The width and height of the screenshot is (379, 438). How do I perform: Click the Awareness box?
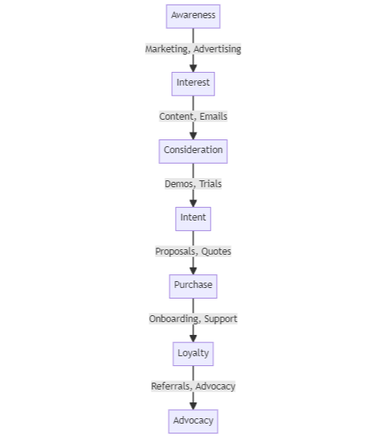[193, 15]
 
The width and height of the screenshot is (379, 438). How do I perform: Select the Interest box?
[193, 83]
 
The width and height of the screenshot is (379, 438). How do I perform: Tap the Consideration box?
[193, 150]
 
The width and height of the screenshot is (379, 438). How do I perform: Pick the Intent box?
[193, 218]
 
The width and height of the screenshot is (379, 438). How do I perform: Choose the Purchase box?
[193, 286]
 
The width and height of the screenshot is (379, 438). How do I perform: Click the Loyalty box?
[193, 353]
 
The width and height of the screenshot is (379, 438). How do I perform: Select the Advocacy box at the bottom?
[193, 421]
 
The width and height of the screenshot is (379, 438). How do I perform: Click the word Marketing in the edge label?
[167, 49]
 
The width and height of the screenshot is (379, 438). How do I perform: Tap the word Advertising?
[218, 49]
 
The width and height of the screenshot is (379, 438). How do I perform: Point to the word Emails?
[213, 117]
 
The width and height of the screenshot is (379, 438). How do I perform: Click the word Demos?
[180, 184]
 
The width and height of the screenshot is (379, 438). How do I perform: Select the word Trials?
[210, 184]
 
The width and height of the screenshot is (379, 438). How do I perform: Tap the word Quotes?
[217, 252]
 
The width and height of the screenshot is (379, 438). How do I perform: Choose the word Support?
[221, 319]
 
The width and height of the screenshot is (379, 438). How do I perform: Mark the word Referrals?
[171, 386]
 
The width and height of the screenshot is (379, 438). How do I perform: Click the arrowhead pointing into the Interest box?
[193, 67]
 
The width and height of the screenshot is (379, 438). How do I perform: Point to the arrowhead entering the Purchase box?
[193, 270]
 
